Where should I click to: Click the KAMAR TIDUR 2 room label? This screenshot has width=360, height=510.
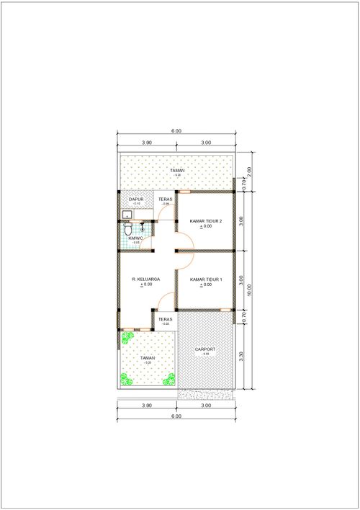tap(206, 220)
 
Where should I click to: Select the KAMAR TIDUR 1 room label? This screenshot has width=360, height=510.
tap(206, 279)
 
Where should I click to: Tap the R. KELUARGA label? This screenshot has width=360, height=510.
tap(146, 279)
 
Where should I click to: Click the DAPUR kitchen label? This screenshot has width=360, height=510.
tap(137, 200)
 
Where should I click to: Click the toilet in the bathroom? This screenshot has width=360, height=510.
tap(128, 228)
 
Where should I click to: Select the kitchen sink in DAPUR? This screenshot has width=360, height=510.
tap(127, 214)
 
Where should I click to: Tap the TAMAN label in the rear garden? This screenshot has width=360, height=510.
tap(177, 170)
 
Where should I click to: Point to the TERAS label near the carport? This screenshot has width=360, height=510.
tap(166, 319)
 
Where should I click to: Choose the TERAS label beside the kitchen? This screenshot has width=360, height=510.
tap(166, 200)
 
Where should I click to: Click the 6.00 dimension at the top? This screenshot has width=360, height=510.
tap(176, 131)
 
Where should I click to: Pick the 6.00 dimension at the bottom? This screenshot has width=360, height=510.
tap(176, 416)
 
